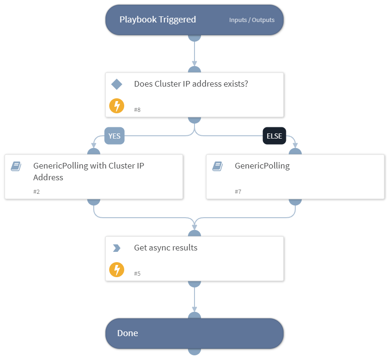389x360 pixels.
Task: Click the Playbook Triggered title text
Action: point(157,20)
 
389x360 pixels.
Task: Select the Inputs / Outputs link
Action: point(252,20)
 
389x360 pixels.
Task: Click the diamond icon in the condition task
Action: point(117,84)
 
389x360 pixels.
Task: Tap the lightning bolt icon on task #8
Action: point(117,106)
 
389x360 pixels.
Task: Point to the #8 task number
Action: point(137,110)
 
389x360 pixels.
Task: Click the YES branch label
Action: point(114,136)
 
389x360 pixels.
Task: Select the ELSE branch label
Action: point(274,136)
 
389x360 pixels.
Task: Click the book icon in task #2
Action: point(16,166)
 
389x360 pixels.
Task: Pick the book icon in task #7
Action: point(217,166)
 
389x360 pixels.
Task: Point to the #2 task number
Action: point(37,191)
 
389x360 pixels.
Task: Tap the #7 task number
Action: point(238,191)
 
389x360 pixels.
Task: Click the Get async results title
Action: point(165,248)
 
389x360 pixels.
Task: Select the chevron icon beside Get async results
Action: point(117,248)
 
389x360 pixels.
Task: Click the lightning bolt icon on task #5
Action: point(117,270)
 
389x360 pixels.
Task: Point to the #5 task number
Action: point(137,273)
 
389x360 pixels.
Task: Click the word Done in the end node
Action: point(127,333)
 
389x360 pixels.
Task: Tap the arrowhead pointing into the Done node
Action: point(194,309)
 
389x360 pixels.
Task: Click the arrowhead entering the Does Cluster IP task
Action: point(194,64)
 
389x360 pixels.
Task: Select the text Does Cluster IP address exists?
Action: point(191,84)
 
